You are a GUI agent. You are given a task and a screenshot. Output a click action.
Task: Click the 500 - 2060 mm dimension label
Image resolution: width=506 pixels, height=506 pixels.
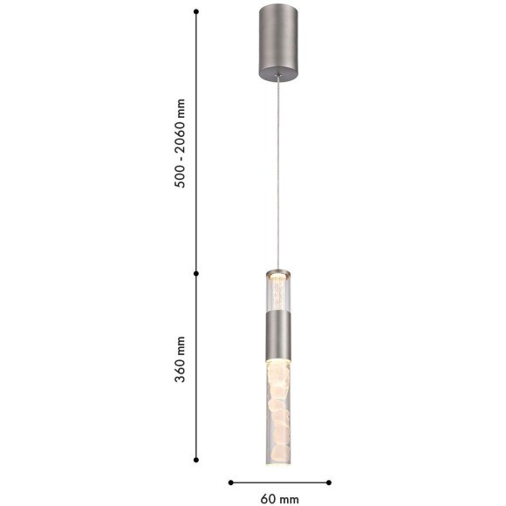180,143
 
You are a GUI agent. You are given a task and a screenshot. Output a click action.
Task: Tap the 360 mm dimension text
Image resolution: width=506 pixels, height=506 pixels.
180,359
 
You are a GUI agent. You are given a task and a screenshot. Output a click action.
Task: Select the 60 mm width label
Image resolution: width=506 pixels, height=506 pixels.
279,499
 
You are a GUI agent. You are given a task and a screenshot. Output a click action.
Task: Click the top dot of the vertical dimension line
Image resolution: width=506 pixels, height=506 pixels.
196,11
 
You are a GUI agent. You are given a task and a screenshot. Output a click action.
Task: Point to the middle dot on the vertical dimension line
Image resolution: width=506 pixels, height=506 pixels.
196,273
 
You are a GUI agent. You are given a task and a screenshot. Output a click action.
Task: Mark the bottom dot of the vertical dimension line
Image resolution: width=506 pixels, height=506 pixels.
196,460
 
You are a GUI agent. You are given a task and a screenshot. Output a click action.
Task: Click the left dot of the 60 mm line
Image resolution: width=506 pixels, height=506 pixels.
230,482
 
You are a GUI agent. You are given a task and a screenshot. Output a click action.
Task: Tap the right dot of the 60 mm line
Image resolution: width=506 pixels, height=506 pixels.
329,482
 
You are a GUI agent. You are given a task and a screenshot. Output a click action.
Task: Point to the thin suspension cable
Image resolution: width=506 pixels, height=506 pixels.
277,173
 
